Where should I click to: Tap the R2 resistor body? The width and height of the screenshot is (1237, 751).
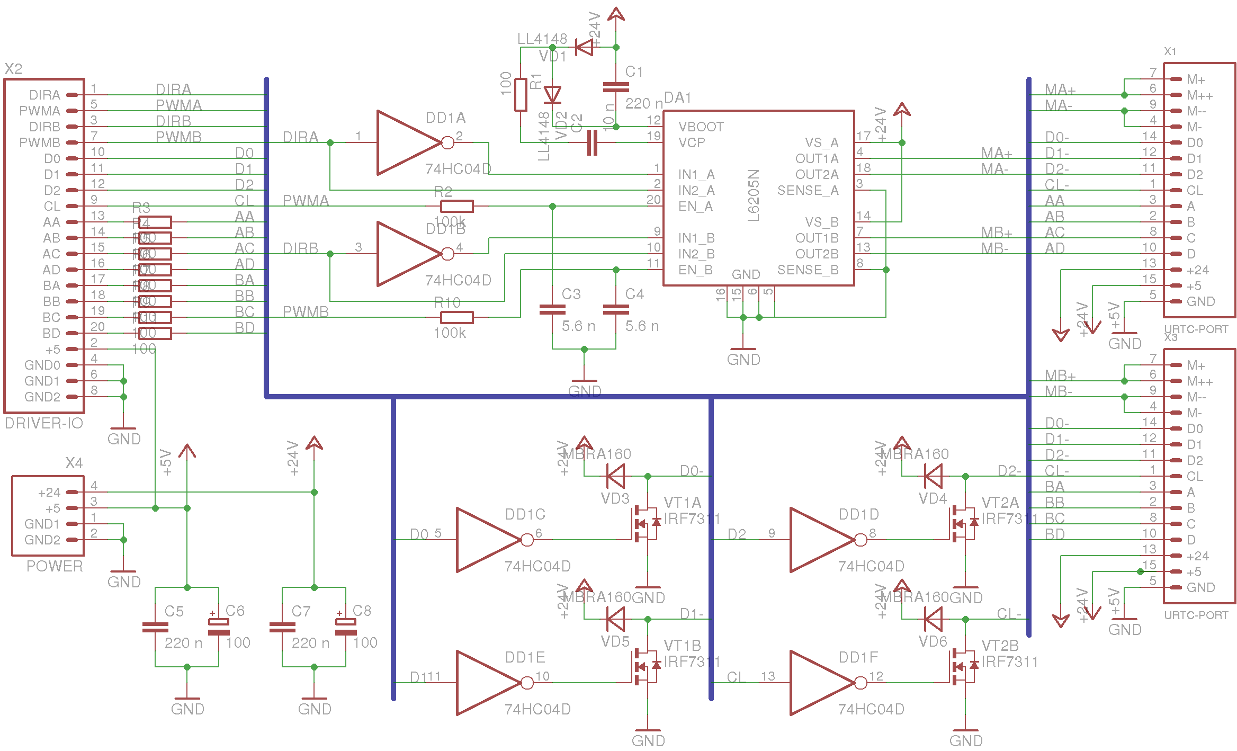pyautogui.click(x=456, y=206)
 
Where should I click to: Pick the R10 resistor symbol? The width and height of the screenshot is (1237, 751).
pyautogui.click(x=456, y=317)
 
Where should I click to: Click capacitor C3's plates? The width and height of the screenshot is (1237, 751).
pyautogui.click(x=552, y=310)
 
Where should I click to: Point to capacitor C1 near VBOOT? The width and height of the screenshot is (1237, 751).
pyautogui.click(x=616, y=87)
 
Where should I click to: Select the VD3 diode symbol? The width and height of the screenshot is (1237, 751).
pyautogui.click(x=615, y=476)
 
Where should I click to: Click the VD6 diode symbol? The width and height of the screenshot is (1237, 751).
pyautogui.click(x=933, y=619)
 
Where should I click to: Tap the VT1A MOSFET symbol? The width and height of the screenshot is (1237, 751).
pyautogui.click(x=645, y=524)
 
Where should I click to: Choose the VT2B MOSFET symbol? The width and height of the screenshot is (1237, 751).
pyautogui.click(x=963, y=667)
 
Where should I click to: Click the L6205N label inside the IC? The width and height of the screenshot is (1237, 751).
pyautogui.click(x=754, y=195)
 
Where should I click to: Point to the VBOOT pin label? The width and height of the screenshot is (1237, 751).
pyautogui.click(x=701, y=127)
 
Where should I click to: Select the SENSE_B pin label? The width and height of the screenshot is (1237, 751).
pyautogui.click(x=808, y=270)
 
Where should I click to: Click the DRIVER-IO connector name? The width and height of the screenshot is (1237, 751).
pyautogui.click(x=44, y=423)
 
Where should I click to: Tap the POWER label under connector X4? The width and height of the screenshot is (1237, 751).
pyautogui.click(x=55, y=566)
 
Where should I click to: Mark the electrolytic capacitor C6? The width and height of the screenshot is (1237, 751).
pyautogui.click(x=219, y=627)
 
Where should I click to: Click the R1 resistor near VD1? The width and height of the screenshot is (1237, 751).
pyautogui.click(x=521, y=95)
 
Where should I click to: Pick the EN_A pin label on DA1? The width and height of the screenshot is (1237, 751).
pyautogui.click(x=695, y=206)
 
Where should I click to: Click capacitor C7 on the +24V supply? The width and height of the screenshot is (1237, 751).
pyautogui.click(x=282, y=627)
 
